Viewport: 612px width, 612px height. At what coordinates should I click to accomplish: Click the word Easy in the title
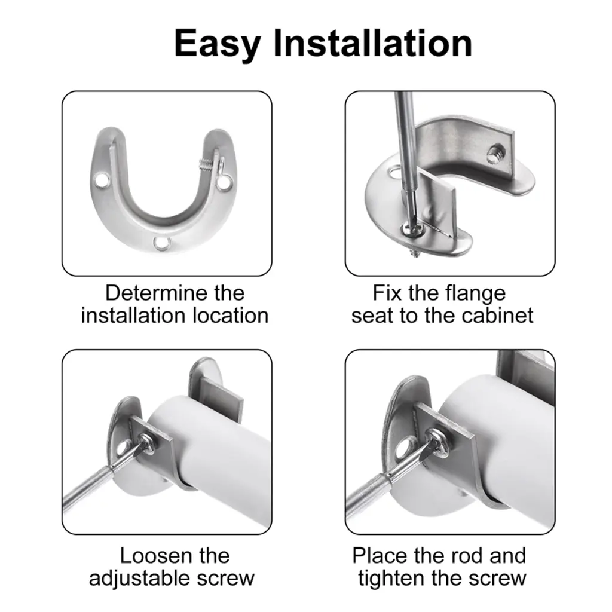[218, 44]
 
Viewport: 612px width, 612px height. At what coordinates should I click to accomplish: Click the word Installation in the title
[373, 43]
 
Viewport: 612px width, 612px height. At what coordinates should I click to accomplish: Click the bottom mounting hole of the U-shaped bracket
[161, 243]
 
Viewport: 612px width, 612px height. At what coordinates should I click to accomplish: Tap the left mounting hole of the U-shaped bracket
[102, 180]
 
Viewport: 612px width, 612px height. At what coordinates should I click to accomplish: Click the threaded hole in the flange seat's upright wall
[496, 152]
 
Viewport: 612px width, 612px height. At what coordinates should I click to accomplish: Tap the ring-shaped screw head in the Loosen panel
[147, 443]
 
